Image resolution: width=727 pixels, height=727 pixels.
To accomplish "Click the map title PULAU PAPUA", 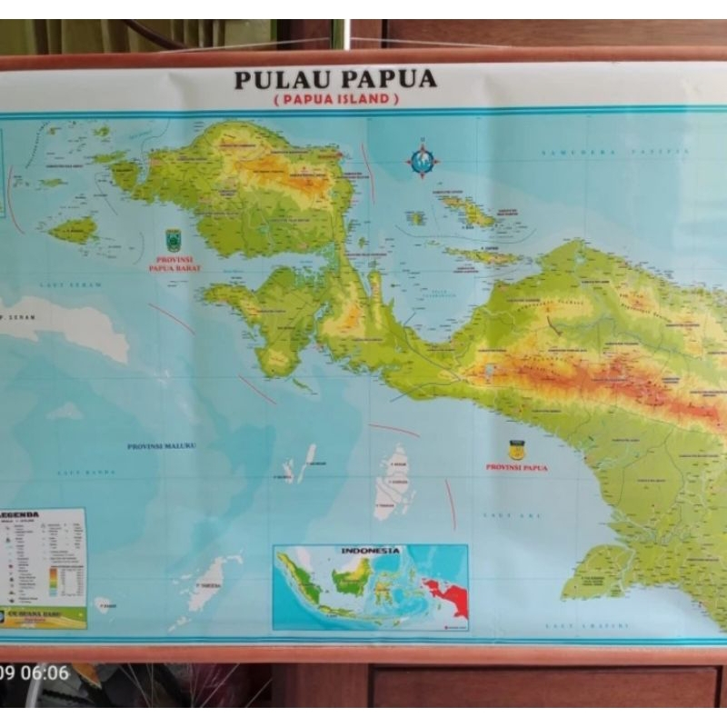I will pos(335,79).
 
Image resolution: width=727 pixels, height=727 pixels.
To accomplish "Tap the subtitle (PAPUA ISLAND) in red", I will pos(335,99).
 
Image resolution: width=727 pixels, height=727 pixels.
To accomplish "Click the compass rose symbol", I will pos(422,161).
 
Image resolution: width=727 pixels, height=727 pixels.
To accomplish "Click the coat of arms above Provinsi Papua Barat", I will pos(174,240).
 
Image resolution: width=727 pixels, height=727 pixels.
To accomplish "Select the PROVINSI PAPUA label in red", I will pos(517,467).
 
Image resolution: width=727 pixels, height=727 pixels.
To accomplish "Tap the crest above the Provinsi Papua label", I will pos(517,449).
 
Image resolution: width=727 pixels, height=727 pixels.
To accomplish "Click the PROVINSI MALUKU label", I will pos(162,446).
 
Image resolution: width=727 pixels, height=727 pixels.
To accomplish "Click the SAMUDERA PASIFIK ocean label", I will pos(591,152).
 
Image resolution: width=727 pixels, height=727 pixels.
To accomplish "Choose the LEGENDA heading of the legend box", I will pos(20,515).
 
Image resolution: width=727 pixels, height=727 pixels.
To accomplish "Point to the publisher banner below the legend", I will pos(44,617).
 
